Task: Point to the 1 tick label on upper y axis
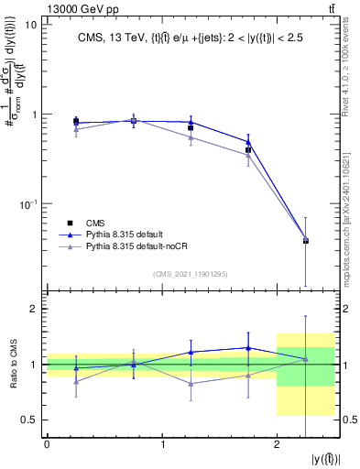[35, 115]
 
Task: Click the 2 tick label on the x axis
[277, 445]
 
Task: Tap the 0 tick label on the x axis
[47, 445]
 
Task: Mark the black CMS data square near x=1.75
[248, 149]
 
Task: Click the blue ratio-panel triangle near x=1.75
[248, 348]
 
